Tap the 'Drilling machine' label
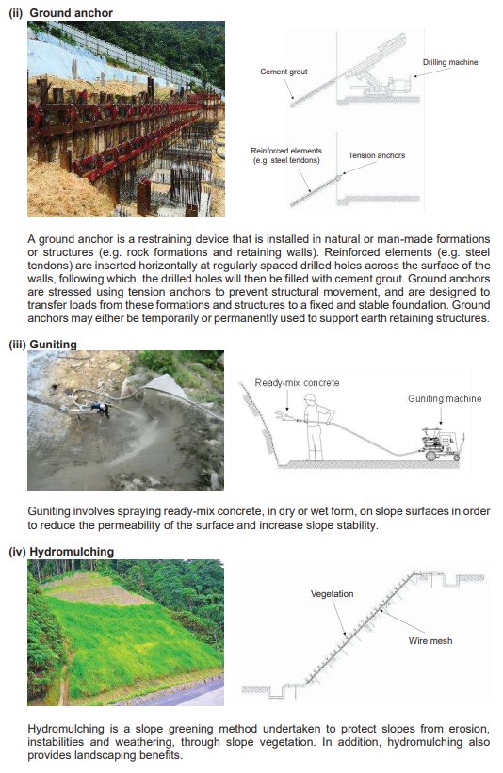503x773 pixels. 450,62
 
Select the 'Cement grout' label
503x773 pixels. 284,72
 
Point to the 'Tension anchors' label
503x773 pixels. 377,155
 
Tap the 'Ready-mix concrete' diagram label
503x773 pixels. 296,382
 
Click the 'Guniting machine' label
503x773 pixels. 445,398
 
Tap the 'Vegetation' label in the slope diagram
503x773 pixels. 332,594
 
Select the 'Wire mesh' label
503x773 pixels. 430,641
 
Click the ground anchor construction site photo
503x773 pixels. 125,119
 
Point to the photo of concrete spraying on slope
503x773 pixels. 125,422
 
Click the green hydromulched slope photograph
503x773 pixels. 125,633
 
